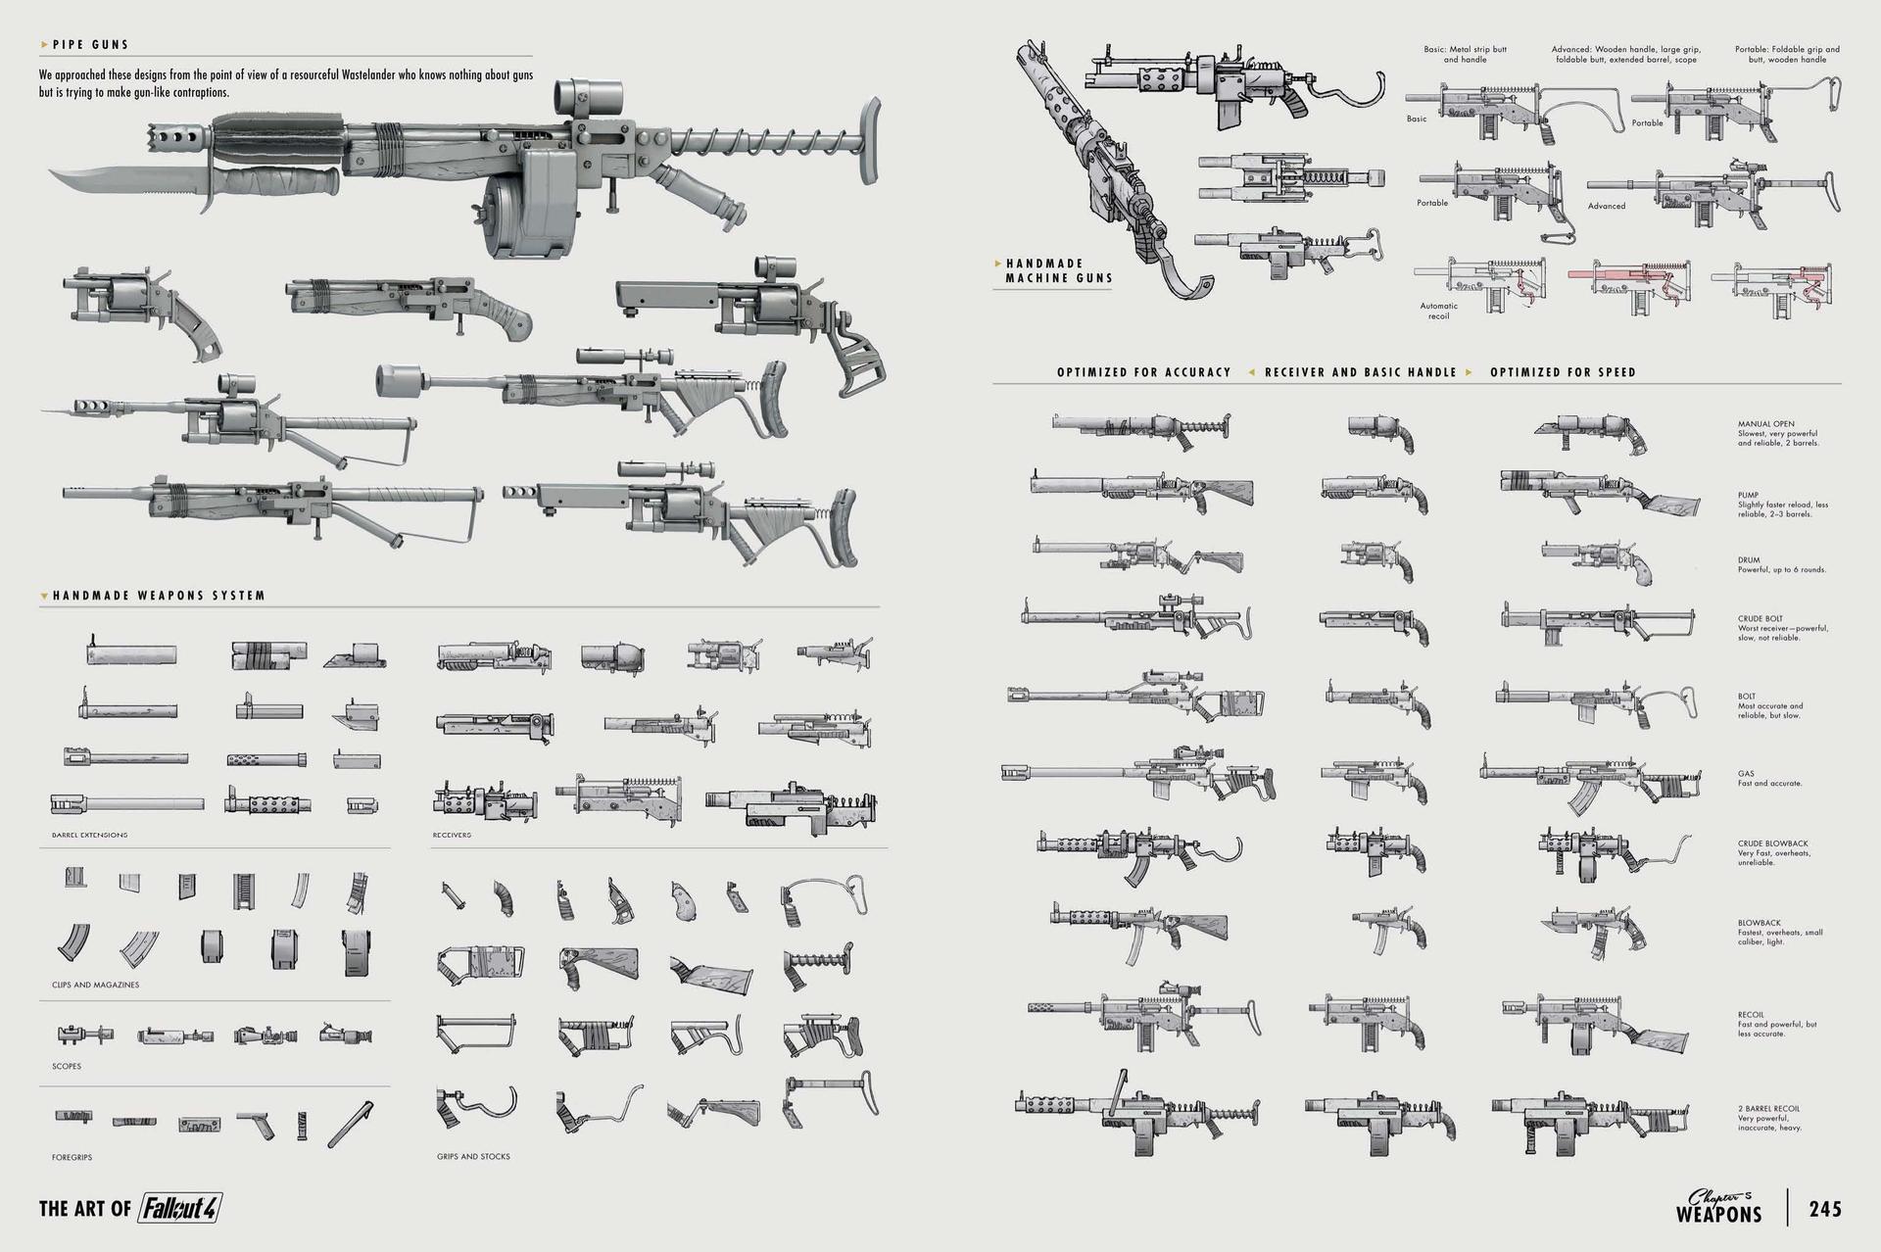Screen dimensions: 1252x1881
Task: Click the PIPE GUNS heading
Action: pyautogui.click(x=90, y=44)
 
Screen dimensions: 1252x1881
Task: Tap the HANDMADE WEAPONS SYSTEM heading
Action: pyautogui.click(x=159, y=596)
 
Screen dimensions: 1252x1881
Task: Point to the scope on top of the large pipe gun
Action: pyautogui.click(x=588, y=96)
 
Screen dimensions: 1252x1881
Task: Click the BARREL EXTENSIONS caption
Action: pyautogui.click(x=89, y=836)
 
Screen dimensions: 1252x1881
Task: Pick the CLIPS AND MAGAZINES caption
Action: pyautogui.click(x=95, y=985)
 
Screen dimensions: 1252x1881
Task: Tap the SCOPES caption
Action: pyautogui.click(x=67, y=1066)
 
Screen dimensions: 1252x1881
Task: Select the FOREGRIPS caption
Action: pyautogui.click(x=72, y=1157)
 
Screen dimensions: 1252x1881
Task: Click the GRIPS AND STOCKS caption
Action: pyautogui.click(x=473, y=1156)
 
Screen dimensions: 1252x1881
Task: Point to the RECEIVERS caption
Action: pyautogui.click(x=452, y=836)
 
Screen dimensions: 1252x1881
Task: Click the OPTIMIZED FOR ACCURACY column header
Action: pyautogui.click(x=1143, y=372)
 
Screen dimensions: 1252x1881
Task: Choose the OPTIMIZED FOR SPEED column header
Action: pyautogui.click(x=1563, y=372)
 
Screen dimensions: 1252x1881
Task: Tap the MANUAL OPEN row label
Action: pyautogui.click(x=1765, y=424)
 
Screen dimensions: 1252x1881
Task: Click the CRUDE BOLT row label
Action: pyautogui.click(x=1760, y=619)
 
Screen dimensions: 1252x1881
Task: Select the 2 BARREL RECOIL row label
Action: pyautogui.click(x=1768, y=1109)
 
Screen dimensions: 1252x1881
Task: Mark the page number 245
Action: pyautogui.click(x=1825, y=1209)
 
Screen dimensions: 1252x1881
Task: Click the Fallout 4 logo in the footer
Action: pyautogui.click(x=178, y=1208)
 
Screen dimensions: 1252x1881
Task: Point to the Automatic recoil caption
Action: pyautogui.click(x=1438, y=311)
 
